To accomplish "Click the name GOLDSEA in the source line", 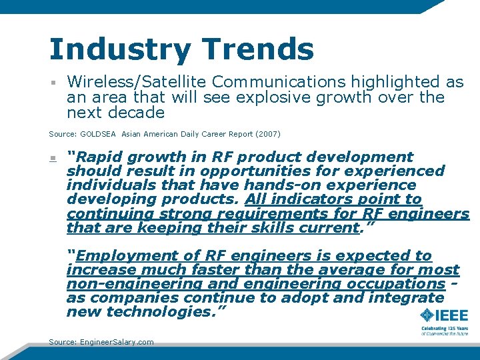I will (99, 134).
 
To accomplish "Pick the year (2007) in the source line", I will (268, 134).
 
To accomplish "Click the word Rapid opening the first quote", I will (100, 157).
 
